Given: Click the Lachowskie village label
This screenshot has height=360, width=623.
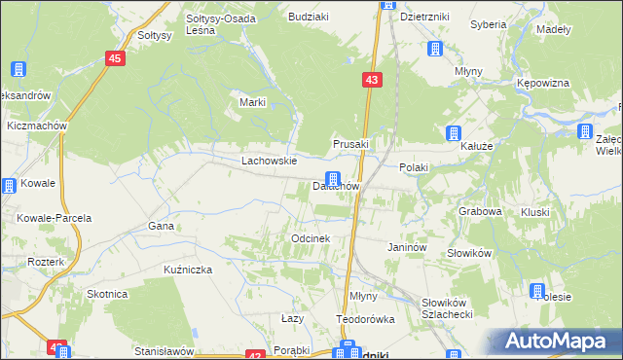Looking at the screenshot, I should [269, 161].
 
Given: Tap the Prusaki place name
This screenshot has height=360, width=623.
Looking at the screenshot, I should [350, 144].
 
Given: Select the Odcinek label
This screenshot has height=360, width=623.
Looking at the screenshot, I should [311, 238].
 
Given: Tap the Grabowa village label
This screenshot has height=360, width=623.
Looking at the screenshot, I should [480, 210].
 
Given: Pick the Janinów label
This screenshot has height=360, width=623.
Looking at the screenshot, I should [408, 248].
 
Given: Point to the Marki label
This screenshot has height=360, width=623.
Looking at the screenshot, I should [253, 102].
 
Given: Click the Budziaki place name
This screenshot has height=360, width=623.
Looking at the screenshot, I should [309, 17].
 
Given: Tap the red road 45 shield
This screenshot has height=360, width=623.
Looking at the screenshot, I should [116, 59].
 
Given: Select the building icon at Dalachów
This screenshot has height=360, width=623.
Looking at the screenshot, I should [334, 179].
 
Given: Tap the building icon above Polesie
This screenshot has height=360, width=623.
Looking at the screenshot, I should [536, 290].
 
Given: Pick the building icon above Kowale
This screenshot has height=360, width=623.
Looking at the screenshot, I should [9, 185].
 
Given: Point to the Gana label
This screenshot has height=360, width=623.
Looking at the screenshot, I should [161, 226].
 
